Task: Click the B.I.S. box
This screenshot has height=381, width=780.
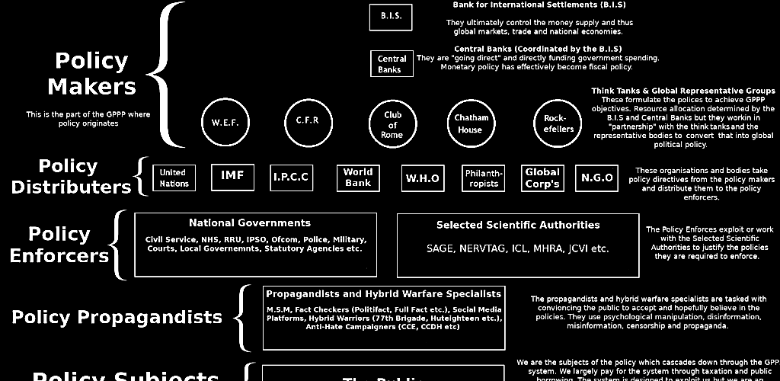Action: coord(391,17)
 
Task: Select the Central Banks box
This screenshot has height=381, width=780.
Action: coord(392,64)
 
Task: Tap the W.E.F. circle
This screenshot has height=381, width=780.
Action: coord(225,122)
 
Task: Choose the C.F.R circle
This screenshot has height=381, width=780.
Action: coord(307,121)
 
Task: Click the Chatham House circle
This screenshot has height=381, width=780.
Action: coord(471,123)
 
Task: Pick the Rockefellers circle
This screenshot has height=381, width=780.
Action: coord(558,123)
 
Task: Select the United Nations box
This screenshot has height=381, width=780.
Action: coord(174,178)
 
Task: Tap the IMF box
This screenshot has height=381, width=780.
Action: coord(232,177)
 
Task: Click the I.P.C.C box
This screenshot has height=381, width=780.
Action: coord(291,178)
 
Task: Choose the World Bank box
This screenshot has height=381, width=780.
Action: coord(358,178)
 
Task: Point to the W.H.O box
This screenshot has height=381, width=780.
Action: coord(422,178)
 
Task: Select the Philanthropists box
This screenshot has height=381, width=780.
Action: coord(484,178)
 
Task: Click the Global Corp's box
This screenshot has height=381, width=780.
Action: coord(542,178)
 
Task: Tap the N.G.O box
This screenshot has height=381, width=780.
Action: coord(596,178)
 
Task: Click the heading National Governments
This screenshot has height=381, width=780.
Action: coord(250,223)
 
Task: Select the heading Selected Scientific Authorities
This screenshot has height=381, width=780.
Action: coord(517,225)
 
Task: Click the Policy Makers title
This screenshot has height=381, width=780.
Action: coord(91,74)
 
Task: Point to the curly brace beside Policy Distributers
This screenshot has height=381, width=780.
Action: coord(140,177)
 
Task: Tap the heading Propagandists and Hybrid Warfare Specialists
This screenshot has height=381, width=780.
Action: coord(383,293)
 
